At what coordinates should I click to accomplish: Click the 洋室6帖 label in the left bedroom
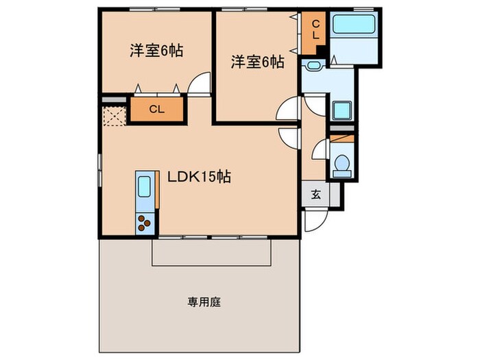pyautogui.click(x=156, y=50)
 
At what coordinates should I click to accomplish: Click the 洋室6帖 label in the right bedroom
pyautogui.click(x=257, y=62)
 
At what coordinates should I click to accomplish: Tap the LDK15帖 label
pyautogui.click(x=199, y=177)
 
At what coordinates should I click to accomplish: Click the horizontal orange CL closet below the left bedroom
pyautogui.click(x=156, y=109)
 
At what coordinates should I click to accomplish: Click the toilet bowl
pyautogui.click(x=341, y=165)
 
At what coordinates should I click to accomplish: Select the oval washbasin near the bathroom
pyautogui.click(x=314, y=66)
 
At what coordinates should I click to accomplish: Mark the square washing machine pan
pyautogui.click(x=341, y=110)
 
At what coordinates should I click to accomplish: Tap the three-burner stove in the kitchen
pyautogui.click(x=145, y=223)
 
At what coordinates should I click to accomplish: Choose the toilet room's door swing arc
pyautogui.click(x=320, y=149)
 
